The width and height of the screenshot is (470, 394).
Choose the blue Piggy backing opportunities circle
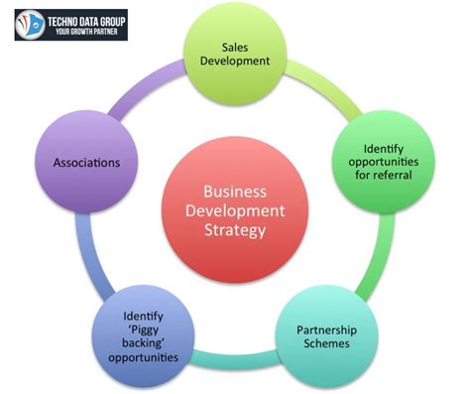[144, 338]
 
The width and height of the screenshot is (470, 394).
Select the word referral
[385, 177]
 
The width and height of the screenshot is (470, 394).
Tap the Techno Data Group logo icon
[36, 23]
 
